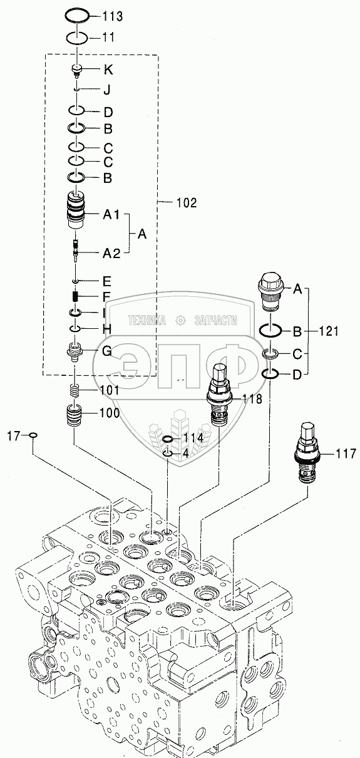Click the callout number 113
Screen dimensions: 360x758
(x=113, y=16)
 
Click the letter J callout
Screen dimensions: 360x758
(x=107, y=90)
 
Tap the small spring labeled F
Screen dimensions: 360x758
(x=76, y=296)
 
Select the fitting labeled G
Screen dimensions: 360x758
(x=75, y=352)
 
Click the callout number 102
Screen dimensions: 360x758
(x=187, y=203)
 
